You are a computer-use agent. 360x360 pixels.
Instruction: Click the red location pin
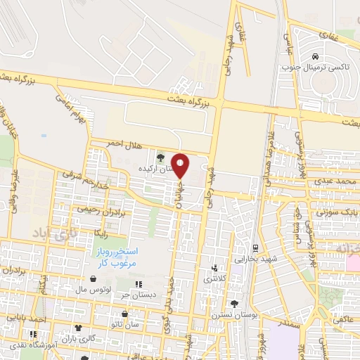pyautogui.click(x=181, y=165)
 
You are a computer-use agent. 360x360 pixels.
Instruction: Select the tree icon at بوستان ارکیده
pyautogui.click(x=161, y=157)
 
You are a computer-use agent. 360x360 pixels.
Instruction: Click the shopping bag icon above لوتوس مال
pyautogui.click(x=93, y=279)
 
